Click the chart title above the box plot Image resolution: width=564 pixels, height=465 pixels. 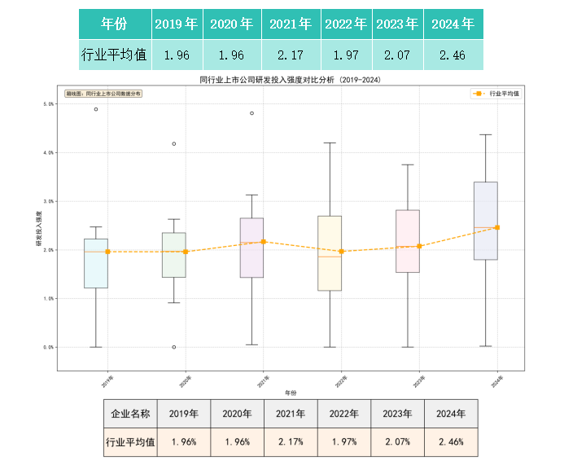coord(290,81)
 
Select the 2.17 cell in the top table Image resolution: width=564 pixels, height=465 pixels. coord(292,55)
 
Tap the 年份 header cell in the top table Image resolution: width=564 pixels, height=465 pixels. coord(115,24)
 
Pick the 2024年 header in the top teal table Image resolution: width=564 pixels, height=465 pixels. coord(453,24)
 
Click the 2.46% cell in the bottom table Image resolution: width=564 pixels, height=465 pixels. coord(451,443)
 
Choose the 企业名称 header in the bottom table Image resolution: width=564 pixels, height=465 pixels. coord(130,414)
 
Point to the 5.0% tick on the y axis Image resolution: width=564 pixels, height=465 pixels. coord(48,104)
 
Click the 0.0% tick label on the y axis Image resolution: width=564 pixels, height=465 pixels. coord(48,347)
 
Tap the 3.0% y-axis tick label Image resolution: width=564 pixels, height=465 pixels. coord(48,201)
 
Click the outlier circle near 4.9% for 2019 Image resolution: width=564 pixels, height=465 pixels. coord(96,109)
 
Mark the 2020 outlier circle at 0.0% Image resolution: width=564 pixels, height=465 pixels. coord(173,347)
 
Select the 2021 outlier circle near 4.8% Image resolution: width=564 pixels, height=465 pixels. coord(251,113)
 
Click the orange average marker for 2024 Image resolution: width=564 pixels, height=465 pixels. coord(497,228)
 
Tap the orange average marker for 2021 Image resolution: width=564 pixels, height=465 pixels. coord(263,242)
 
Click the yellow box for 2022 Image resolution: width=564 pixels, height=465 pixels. coord(330,253)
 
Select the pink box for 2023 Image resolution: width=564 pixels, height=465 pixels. coord(407,241)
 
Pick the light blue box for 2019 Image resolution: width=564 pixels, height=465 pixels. coord(96,263)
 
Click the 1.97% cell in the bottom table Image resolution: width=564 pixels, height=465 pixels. coord(343,443)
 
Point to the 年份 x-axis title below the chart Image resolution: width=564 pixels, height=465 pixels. coord(291,393)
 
